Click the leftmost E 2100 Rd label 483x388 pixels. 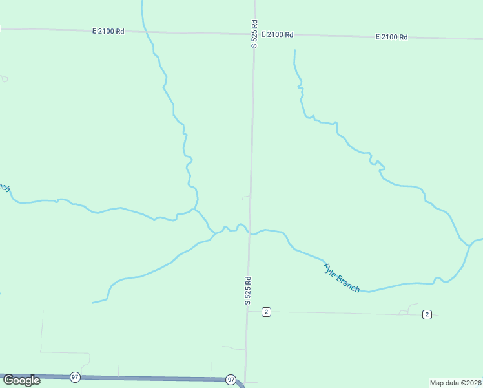108,31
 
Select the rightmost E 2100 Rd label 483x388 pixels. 391,38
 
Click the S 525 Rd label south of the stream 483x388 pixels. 247,291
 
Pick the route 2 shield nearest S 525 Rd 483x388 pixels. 266,312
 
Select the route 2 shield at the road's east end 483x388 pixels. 427,314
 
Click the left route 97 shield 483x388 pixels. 76,377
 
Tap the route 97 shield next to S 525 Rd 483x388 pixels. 231,380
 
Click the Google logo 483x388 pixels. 21,380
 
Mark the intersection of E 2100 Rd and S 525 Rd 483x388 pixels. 254,33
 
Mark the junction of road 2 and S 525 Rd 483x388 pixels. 247,311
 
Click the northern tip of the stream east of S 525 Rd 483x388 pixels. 294,50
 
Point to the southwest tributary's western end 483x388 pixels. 92,303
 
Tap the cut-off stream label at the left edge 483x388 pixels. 5,188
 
